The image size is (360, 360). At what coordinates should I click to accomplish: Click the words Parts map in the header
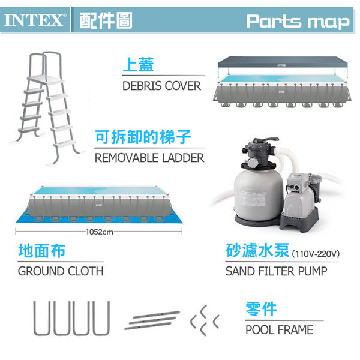[298, 22]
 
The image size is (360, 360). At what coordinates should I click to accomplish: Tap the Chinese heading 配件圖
[106, 20]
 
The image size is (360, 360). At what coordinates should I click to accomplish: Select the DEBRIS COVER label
[161, 86]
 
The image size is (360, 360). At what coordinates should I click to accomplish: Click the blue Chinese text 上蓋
[138, 65]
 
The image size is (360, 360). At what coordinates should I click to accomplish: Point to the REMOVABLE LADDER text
[149, 158]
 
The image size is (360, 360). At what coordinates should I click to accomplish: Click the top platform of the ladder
[46, 80]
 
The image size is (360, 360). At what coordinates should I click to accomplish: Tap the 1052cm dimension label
[100, 232]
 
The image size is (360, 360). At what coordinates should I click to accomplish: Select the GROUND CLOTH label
[61, 271]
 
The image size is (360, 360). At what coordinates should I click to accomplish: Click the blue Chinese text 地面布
[42, 250]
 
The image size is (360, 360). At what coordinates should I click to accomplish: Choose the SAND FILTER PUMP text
[276, 271]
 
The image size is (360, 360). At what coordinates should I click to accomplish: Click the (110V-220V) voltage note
[316, 254]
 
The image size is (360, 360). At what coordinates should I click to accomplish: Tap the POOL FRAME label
[279, 330]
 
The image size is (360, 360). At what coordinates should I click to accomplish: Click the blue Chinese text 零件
[261, 309]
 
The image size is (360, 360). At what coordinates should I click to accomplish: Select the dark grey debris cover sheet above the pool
[283, 62]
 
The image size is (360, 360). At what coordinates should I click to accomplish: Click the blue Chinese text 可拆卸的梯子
[143, 137]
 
